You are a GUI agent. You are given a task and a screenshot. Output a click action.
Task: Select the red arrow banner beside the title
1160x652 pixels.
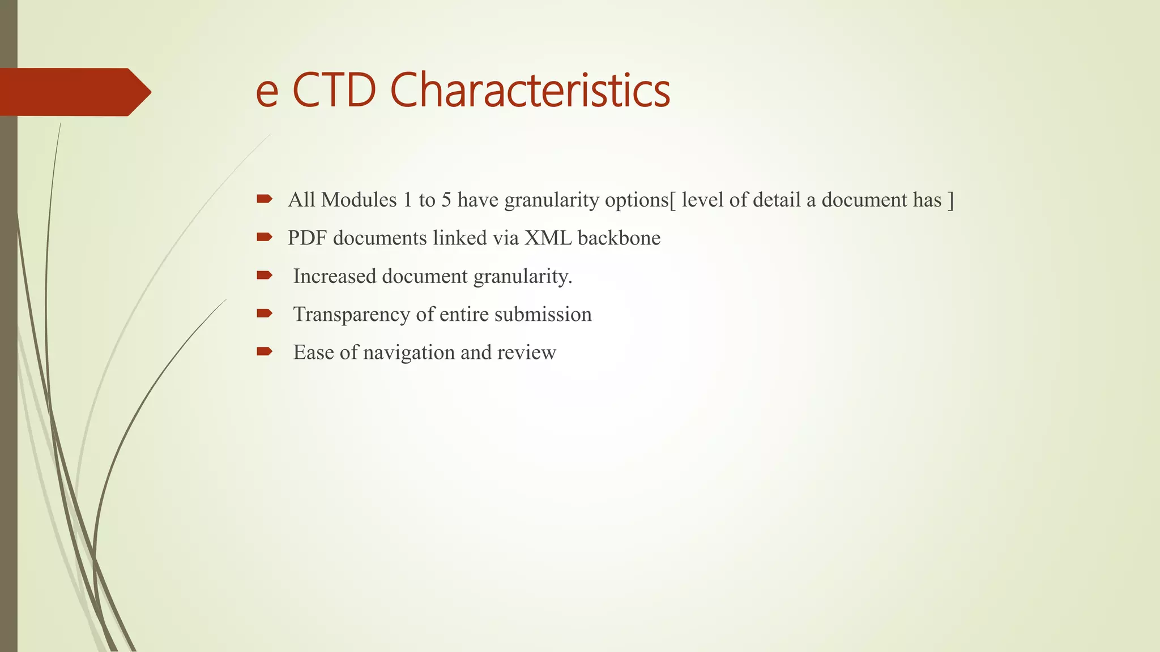tap(74, 92)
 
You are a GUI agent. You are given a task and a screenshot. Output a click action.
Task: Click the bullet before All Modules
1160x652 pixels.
tap(264, 199)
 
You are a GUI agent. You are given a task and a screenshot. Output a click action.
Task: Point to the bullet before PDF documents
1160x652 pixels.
tap(264, 237)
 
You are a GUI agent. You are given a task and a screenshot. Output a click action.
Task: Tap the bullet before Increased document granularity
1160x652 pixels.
tap(264, 275)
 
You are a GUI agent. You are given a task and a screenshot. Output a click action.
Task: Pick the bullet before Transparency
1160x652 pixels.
tap(264, 313)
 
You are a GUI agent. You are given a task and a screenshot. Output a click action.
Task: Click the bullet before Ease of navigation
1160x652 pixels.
tap(264, 351)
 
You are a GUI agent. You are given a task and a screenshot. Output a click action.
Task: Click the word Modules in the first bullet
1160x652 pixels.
tap(359, 200)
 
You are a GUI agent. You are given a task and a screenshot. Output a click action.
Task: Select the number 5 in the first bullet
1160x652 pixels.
tap(446, 200)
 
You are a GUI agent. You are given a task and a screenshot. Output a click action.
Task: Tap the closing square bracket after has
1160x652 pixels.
tap(951, 200)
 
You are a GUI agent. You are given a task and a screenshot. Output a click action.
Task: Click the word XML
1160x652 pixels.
tap(548, 238)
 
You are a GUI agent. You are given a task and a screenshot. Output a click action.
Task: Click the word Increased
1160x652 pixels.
tap(334, 276)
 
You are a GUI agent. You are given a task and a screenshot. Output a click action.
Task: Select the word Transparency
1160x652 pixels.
tap(352, 315)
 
